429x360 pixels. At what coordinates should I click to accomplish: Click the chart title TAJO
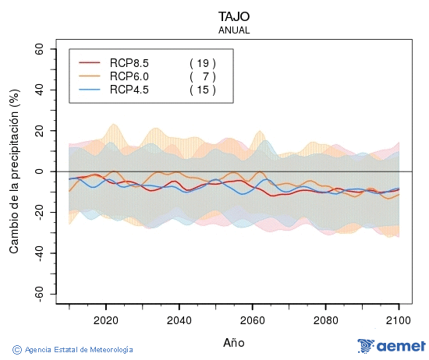pos(234,16)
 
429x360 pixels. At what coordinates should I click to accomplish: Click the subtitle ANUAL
pos(234,30)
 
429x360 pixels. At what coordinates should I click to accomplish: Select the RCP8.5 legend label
pos(129,62)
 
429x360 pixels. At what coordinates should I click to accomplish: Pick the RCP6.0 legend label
pos(129,76)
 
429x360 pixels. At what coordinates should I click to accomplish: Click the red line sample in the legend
pos(90,62)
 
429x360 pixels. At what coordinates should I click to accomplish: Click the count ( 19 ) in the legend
pos(202,62)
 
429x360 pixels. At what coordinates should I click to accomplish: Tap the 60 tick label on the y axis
pos(37,48)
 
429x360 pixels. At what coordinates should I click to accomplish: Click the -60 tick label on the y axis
pos(35,295)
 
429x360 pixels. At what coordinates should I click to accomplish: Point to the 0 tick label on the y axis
pos(41,171)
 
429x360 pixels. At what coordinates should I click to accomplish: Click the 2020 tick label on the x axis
pos(105,319)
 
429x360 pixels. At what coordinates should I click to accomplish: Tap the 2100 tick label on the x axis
pos(399,319)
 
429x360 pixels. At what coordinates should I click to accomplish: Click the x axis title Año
pos(234,342)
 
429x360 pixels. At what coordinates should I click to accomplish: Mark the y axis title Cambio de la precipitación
pos(14,171)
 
